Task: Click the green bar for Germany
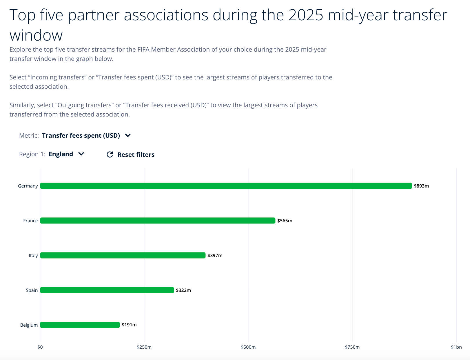coord(226,186)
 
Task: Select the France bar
coord(158,221)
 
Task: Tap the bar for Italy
coord(123,255)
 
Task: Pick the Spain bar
coord(107,290)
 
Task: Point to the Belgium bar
coord(80,325)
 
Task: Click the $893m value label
coord(421,186)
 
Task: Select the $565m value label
coord(285,221)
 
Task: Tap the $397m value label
coord(215,256)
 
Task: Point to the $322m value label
coord(183,290)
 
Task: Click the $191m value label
coord(129,325)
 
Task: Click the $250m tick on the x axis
coord(144,347)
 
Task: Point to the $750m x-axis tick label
coord(352,347)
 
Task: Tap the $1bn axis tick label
coord(456,347)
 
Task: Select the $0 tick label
coord(40,347)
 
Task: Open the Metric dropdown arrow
coord(128,135)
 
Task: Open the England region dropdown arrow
coord(81,154)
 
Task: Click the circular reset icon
coord(110,154)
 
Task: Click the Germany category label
coord(28,186)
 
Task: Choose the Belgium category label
coord(29,325)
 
